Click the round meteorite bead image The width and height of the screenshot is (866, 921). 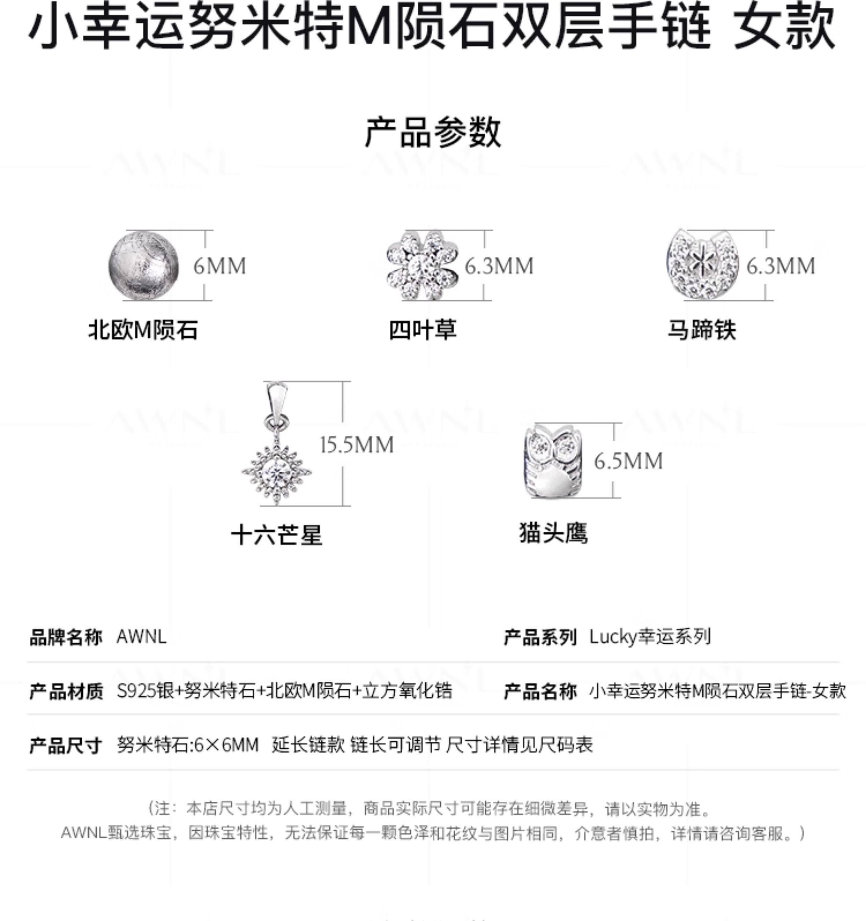pyautogui.click(x=144, y=266)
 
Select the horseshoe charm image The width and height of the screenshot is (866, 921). pyautogui.click(x=703, y=264)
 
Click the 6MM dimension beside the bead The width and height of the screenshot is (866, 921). pyautogui.click(x=220, y=266)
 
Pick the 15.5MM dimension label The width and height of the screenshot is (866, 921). pyautogui.click(x=357, y=445)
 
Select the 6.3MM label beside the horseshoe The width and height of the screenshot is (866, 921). pyautogui.click(x=780, y=266)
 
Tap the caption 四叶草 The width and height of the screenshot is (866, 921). pyautogui.click(x=422, y=330)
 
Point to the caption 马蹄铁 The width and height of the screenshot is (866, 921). pyautogui.click(x=702, y=330)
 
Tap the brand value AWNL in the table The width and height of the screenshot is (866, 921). pyautogui.click(x=141, y=637)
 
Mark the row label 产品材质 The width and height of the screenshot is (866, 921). pyautogui.click(x=66, y=691)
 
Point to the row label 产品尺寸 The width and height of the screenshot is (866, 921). pyautogui.click(x=66, y=745)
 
